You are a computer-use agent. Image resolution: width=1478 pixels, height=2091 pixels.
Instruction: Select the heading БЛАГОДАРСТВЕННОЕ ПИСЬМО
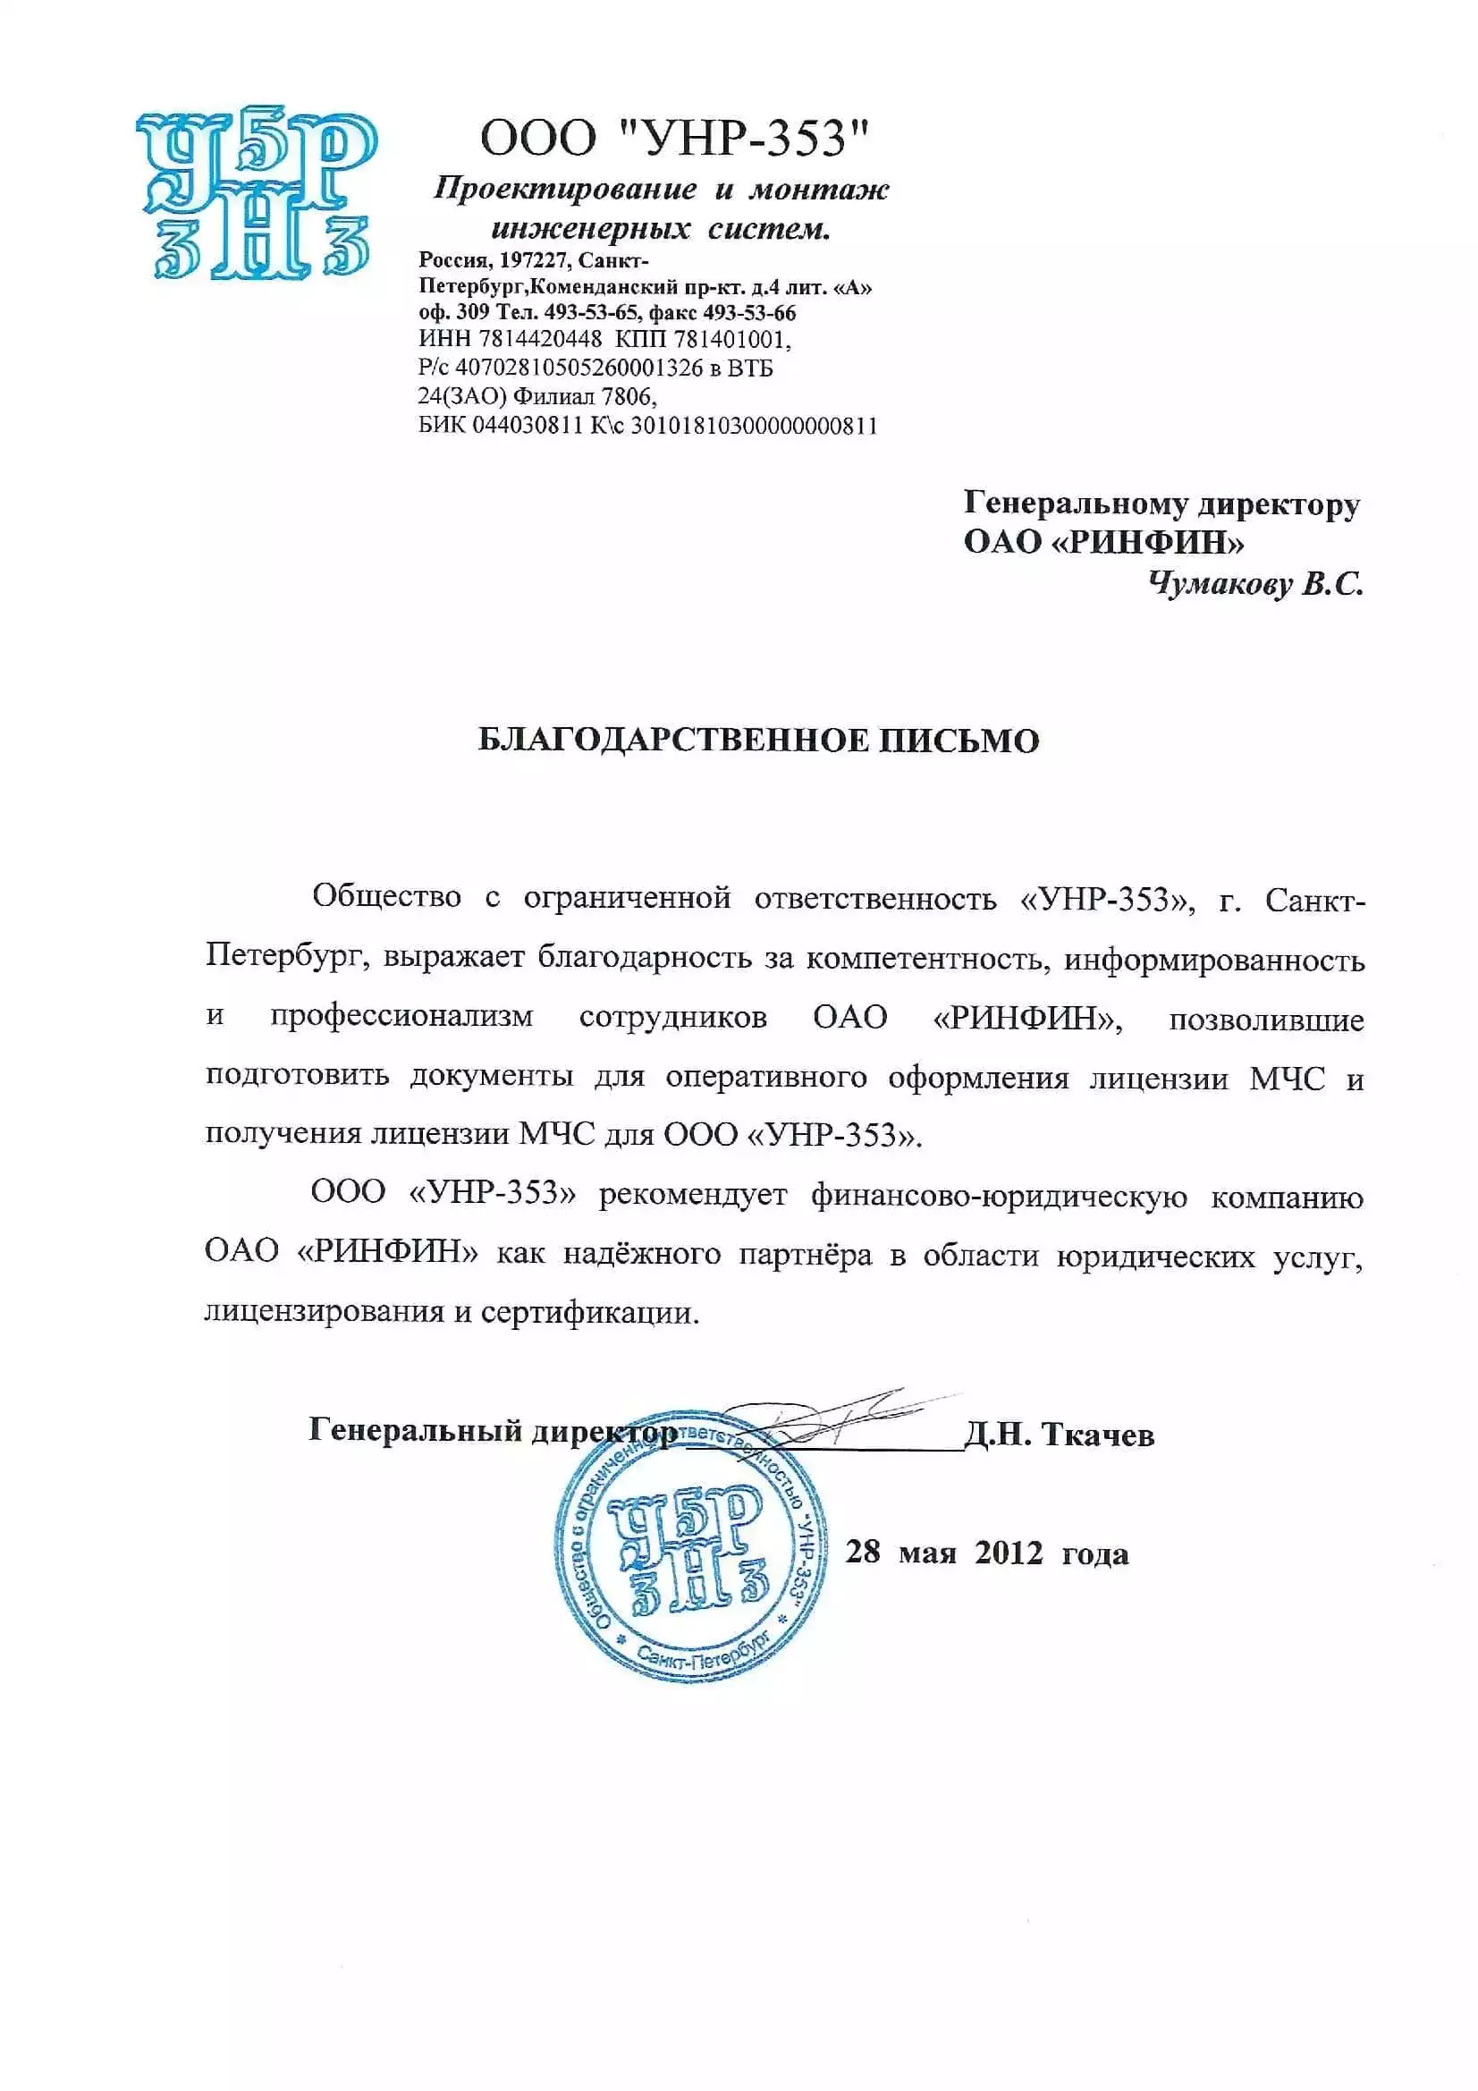[758, 741]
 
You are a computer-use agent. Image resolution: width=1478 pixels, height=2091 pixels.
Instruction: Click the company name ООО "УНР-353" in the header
[675, 139]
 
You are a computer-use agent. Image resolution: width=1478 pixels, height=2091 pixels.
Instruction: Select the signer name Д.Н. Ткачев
[1059, 1435]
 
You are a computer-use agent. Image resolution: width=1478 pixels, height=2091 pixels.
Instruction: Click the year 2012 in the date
[1008, 1552]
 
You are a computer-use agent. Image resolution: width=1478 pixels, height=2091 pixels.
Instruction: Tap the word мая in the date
[927, 1553]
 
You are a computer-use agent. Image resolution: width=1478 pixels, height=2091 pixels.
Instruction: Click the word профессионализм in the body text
[401, 1017]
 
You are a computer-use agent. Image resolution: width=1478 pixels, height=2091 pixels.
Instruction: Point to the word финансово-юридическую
[999, 1195]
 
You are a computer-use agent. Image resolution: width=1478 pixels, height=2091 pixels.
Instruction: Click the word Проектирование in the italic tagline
[565, 190]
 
